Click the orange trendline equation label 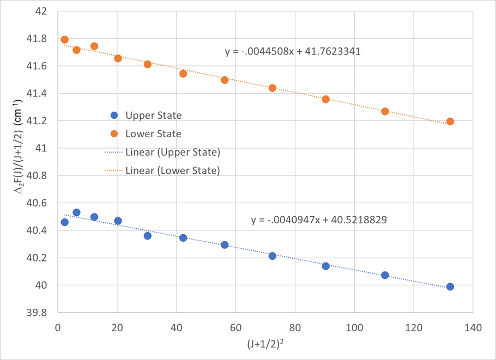293,52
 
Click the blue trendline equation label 319,221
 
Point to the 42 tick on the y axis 41,11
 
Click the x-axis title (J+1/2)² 265,344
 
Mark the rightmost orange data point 450,121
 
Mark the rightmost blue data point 450,286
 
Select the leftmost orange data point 64,40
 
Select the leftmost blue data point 64,222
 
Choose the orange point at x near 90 325,99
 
